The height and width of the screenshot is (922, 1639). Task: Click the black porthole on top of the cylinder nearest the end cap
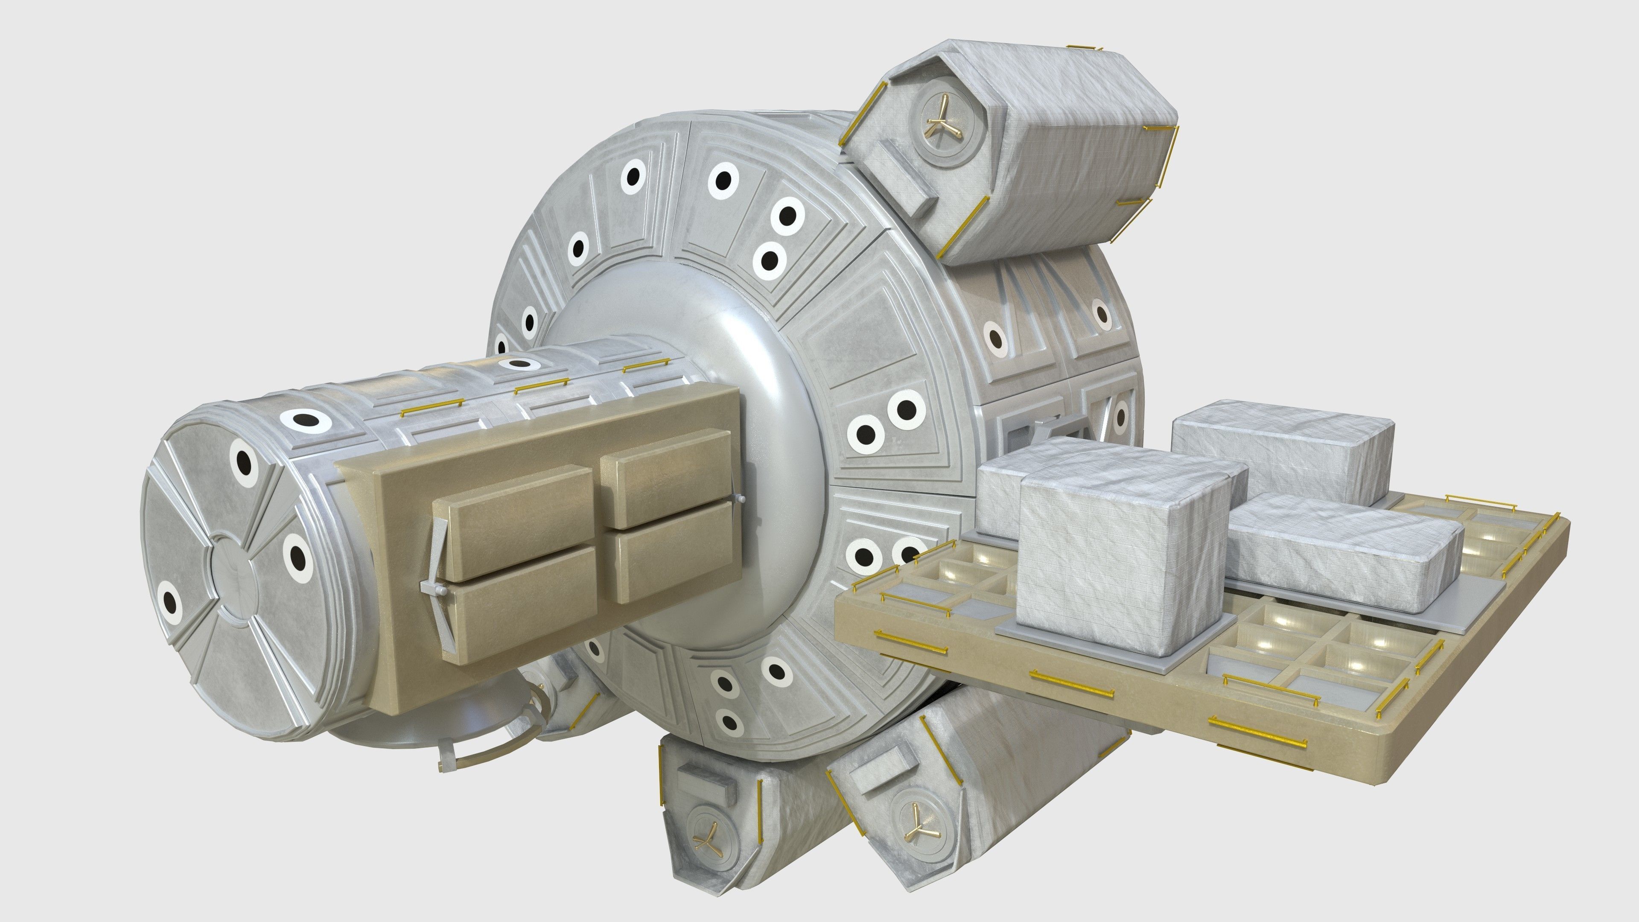[x=306, y=420]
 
